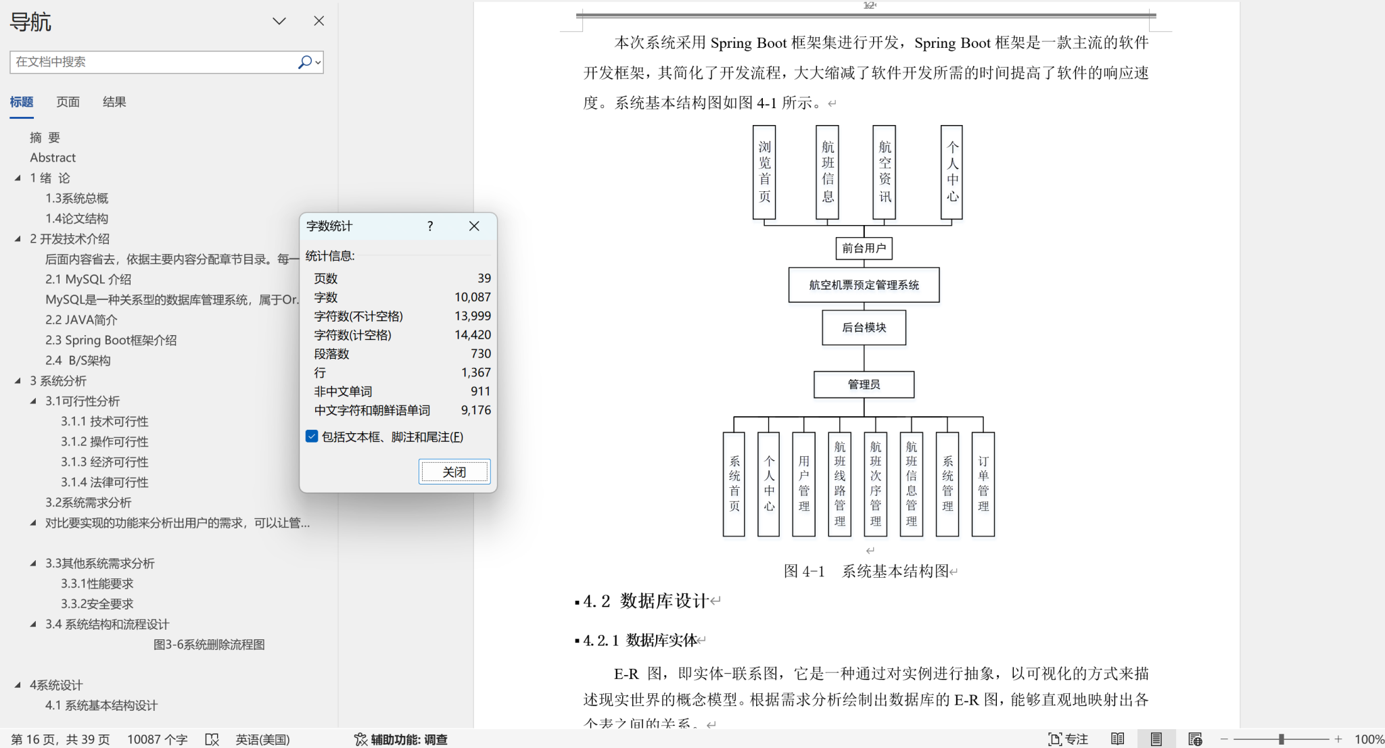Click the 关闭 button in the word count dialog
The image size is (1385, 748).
(454, 472)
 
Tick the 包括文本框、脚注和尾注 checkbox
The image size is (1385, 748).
(312, 437)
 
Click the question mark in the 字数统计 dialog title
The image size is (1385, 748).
(430, 226)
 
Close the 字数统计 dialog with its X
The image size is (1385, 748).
(474, 226)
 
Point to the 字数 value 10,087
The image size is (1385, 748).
(473, 297)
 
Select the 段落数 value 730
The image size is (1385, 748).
(481, 354)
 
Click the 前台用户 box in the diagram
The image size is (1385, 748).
(864, 249)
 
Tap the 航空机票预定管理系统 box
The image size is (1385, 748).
(864, 285)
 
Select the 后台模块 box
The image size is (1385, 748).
(864, 328)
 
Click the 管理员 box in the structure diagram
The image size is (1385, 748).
(864, 384)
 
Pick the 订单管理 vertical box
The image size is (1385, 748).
(983, 484)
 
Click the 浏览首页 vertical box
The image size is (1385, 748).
(764, 172)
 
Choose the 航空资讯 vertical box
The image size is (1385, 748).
(885, 172)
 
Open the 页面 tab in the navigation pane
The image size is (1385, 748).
(68, 102)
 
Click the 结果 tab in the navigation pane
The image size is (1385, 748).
(114, 102)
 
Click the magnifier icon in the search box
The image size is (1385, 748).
(305, 62)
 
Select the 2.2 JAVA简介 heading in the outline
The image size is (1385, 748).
(81, 320)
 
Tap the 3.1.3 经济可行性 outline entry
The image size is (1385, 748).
(105, 462)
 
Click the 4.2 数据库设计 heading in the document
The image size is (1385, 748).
(645, 601)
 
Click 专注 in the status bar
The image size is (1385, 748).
(1068, 739)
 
